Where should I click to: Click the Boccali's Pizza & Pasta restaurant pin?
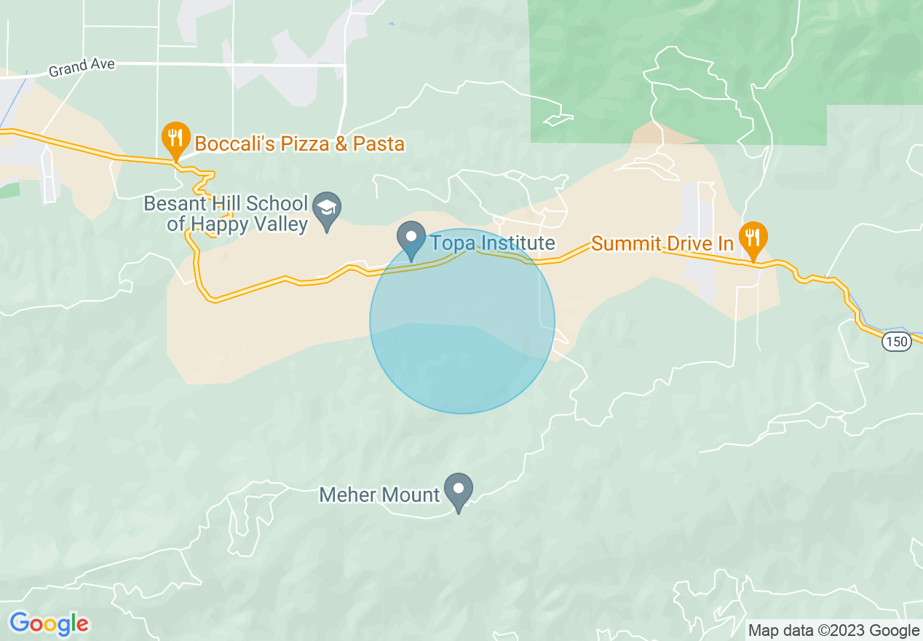(175, 136)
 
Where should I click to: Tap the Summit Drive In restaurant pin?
(753, 236)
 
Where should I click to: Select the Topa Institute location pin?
(411, 237)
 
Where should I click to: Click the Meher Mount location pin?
(459, 489)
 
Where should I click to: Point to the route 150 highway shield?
(898, 342)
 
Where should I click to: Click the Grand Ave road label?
(82, 68)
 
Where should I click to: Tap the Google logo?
(49, 624)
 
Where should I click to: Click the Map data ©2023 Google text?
(834, 630)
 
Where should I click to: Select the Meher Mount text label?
(380, 495)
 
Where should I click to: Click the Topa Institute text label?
(493, 243)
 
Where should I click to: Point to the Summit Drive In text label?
(662, 243)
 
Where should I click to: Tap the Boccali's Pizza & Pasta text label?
(300, 143)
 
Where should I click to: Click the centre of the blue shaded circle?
(462, 321)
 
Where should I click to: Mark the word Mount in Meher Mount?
(413, 495)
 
